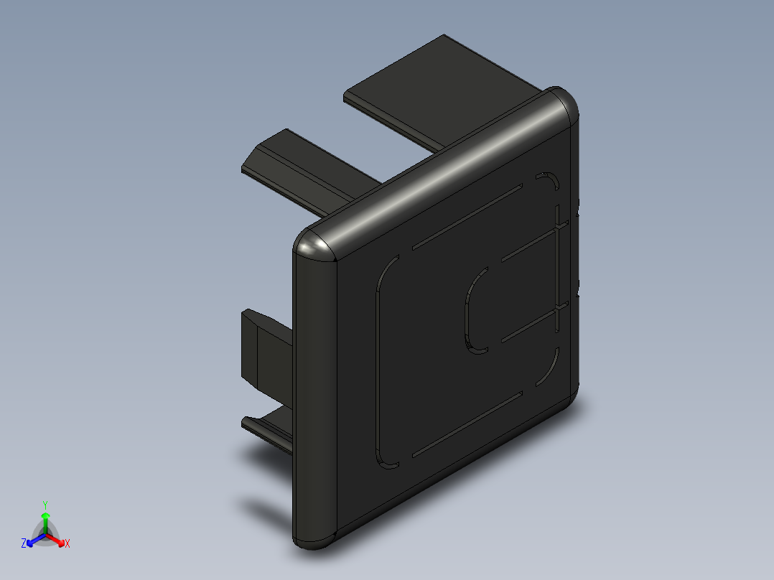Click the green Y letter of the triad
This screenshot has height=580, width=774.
tap(45, 505)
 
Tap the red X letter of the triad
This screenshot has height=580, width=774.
tap(67, 543)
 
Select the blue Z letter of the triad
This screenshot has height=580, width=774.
tap(24, 543)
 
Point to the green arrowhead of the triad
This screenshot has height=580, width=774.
tap(45, 516)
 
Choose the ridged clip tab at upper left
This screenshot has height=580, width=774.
tap(302, 169)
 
